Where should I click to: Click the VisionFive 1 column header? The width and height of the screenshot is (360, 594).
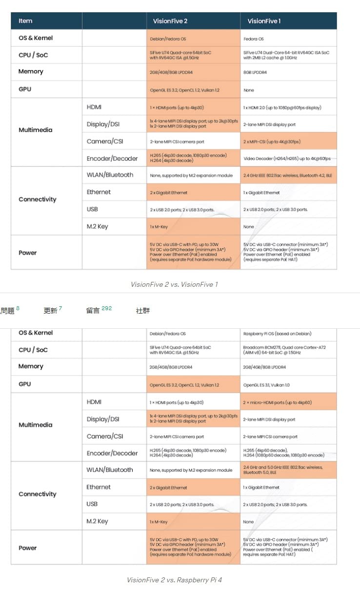click(264, 21)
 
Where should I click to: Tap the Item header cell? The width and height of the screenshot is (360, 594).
click(25, 21)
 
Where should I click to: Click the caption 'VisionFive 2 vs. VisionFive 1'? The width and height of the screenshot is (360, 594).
click(174, 284)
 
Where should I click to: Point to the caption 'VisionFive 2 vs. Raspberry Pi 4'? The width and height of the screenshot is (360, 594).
click(174, 580)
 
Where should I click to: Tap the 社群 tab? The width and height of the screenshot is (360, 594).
click(143, 311)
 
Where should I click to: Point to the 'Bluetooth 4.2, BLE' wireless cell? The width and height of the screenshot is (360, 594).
click(287, 175)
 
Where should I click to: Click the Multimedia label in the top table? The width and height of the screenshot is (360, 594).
click(35, 130)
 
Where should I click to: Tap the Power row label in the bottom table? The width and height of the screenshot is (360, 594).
click(28, 548)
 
